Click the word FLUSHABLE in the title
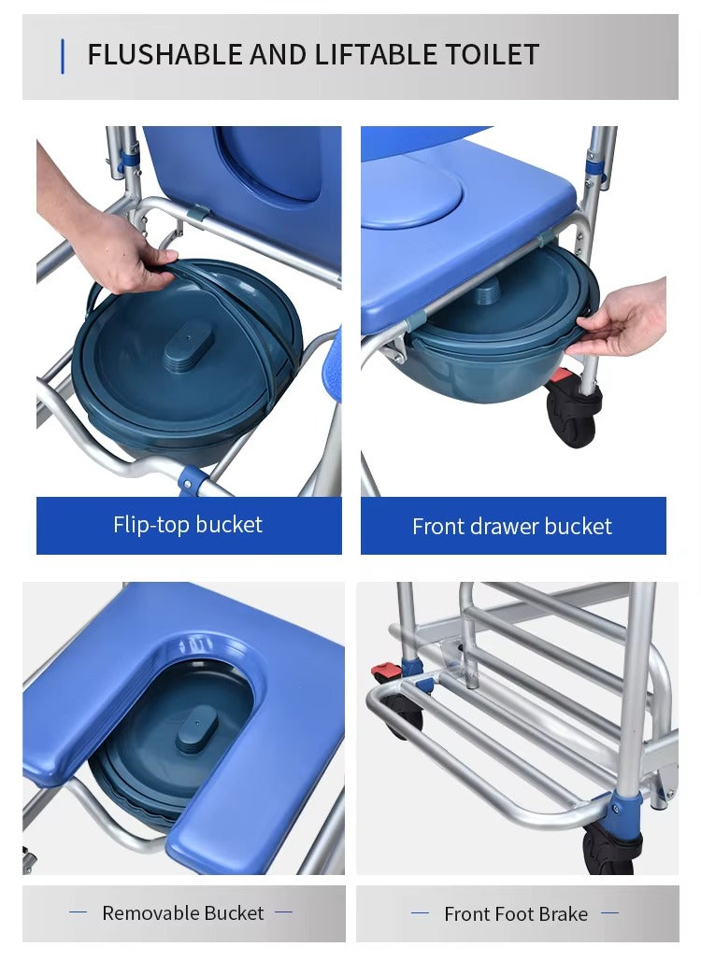pos(165,55)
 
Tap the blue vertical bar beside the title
pos(63,56)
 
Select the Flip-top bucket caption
pos(188,525)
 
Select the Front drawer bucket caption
pos(512,526)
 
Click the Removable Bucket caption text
pos(183,913)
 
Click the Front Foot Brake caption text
pos(516,914)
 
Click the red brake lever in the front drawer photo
pos(562,376)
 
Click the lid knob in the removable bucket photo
pos(196,728)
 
